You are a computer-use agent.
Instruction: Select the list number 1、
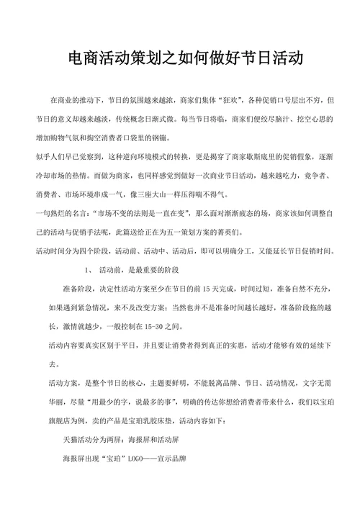click(x=87, y=269)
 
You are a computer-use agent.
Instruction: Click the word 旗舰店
click(x=60, y=420)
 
